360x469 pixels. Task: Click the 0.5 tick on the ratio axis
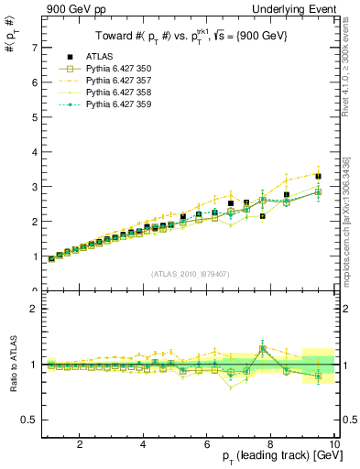(29, 420)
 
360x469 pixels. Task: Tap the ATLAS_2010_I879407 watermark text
(191, 273)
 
